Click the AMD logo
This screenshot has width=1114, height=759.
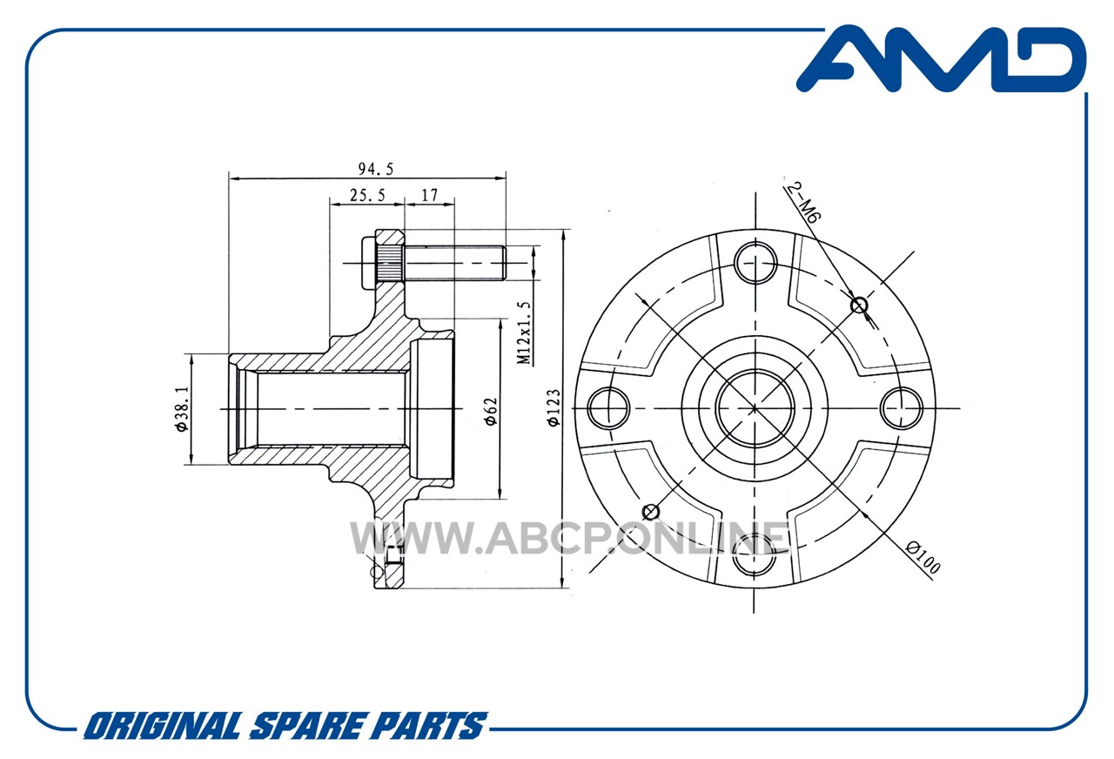(x=942, y=60)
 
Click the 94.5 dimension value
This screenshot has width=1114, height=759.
(x=376, y=170)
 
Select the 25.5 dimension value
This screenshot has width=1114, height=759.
(x=367, y=196)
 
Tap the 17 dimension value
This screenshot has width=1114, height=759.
(x=430, y=196)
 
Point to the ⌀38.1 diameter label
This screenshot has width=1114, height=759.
(x=182, y=409)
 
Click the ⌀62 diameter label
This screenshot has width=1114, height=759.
(x=491, y=412)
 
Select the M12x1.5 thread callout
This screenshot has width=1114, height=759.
(x=525, y=332)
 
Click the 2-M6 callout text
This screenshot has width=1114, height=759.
(x=802, y=203)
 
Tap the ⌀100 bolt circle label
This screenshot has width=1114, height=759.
(x=923, y=558)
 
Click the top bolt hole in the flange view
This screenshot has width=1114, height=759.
(x=755, y=263)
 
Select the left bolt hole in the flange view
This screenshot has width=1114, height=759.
(x=608, y=408)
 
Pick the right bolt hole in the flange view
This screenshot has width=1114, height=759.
(x=902, y=408)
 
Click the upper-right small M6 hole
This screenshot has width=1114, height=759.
(x=859, y=306)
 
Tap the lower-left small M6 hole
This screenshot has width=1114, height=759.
(x=651, y=511)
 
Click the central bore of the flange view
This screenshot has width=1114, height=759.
(x=755, y=408)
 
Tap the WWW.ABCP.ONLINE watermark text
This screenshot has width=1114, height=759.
(x=569, y=538)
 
